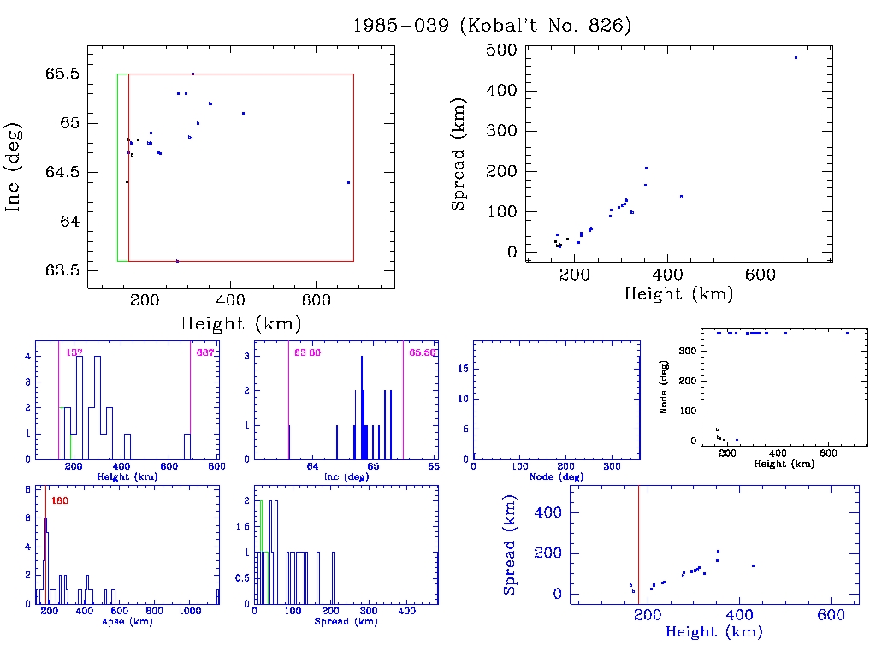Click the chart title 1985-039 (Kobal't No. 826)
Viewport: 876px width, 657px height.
pos(492,26)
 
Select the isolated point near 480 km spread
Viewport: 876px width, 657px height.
pos(796,58)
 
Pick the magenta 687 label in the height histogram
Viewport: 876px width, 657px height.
pos(204,352)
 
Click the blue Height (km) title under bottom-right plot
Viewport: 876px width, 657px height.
pos(713,632)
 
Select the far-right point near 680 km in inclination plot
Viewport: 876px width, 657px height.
pos(349,182)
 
